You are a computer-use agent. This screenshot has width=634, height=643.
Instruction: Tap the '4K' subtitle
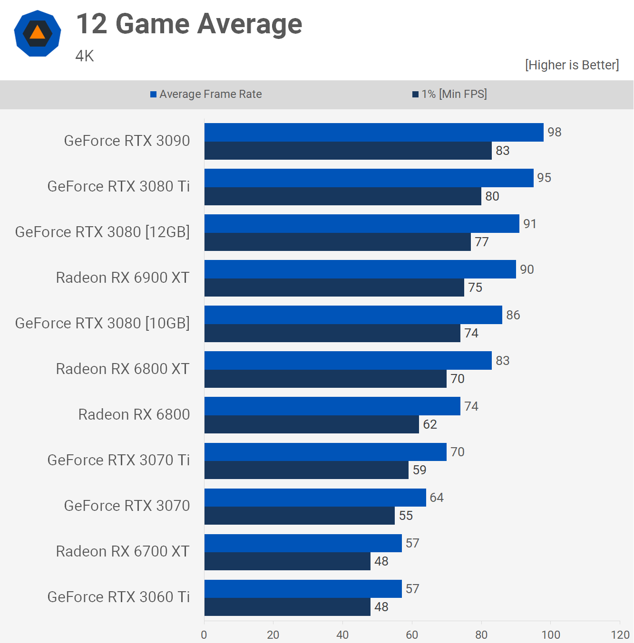click(85, 56)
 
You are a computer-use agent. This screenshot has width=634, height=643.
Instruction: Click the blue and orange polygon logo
click(38, 33)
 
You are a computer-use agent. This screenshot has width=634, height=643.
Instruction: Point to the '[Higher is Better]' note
click(572, 65)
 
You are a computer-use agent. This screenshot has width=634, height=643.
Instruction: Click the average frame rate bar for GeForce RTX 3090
click(374, 132)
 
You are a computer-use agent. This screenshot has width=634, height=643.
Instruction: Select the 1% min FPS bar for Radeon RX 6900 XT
click(334, 288)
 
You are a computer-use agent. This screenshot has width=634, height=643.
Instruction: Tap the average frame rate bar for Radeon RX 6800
click(332, 406)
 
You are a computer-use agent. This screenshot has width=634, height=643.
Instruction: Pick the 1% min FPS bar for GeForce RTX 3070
click(299, 516)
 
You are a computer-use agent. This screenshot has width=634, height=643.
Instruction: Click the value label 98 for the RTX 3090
click(554, 132)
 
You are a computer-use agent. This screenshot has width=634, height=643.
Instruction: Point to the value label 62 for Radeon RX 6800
click(429, 424)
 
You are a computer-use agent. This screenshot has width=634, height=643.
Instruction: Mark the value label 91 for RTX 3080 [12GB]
click(530, 224)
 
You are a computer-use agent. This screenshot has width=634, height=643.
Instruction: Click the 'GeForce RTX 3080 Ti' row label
click(118, 186)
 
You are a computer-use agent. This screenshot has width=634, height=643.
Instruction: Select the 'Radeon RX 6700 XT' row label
click(123, 551)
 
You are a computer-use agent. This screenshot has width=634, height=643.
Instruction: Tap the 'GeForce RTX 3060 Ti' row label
click(118, 597)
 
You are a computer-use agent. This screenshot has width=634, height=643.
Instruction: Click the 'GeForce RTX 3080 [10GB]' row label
click(102, 323)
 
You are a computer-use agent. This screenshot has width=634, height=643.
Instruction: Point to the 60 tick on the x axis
click(412, 634)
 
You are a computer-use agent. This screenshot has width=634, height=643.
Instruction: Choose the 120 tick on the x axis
click(620, 634)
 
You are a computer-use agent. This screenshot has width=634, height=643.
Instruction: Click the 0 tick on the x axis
click(204, 634)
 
